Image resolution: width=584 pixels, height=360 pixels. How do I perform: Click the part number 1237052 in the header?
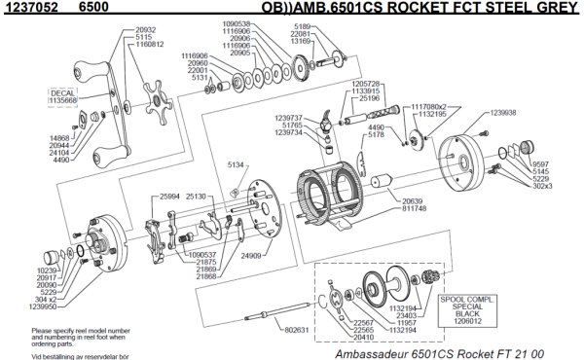(28, 8)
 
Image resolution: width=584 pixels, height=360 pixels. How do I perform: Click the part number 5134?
(235, 165)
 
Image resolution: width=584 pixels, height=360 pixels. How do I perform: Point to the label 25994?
(171, 196)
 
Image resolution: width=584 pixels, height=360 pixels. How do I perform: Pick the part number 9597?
(541, 163)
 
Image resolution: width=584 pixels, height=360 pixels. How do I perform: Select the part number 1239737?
(292, 117)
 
